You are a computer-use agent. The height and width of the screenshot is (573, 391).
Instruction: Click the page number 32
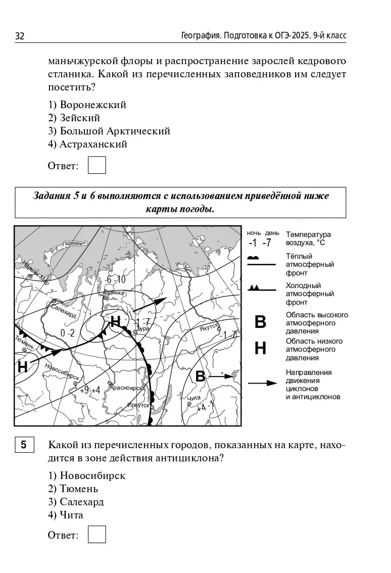coord(20,36)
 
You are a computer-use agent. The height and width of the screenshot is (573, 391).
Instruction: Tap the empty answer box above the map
coord(96,165)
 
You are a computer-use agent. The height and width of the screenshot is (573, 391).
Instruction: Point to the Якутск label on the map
coord(208,327)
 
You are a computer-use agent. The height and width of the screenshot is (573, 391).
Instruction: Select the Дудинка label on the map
coord(113,293)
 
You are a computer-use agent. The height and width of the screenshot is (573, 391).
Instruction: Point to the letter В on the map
coord(200,376)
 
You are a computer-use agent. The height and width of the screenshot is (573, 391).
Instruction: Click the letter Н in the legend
coord(260,348)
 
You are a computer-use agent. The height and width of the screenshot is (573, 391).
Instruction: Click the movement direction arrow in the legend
coord(262,383)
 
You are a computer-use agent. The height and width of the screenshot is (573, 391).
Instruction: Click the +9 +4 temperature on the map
coord(89,390)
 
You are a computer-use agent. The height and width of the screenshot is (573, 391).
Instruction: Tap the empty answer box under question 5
coord(96,535)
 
